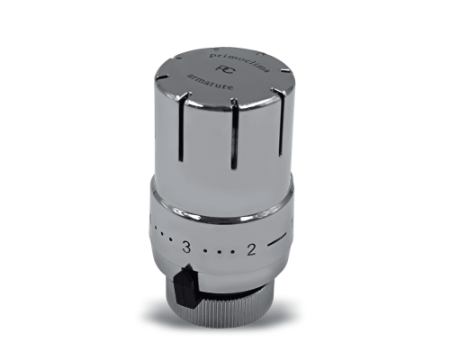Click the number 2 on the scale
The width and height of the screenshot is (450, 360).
tap(251, 250)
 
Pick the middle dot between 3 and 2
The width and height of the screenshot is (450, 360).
tap(219, 250)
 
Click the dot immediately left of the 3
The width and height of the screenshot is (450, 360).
tap(173, 246)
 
